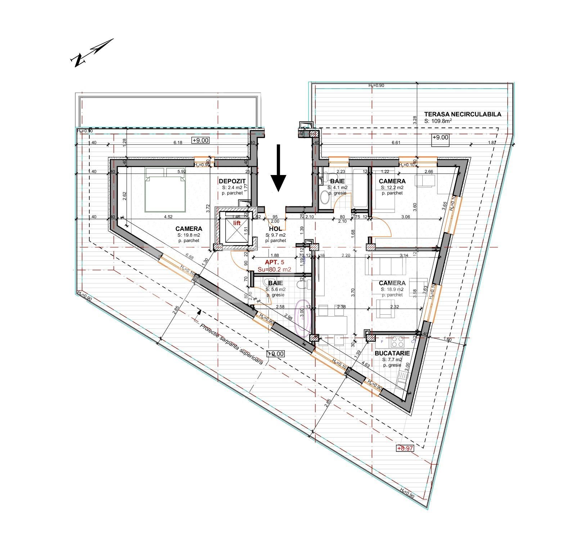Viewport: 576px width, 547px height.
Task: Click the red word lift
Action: coord(237,223)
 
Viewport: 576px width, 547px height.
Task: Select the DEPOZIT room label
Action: coord(232,181)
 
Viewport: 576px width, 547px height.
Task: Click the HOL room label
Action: coord(275,229)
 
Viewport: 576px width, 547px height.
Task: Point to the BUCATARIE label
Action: coord(392,353)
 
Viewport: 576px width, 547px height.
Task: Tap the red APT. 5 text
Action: coord(274,263)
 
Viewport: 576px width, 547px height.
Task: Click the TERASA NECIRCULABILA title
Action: coord(462,114)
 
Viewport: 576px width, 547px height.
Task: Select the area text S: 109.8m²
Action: coord(438,121)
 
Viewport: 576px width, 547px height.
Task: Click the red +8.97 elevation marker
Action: coord(405,448)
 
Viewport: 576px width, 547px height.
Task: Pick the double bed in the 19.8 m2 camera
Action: coord(166,189)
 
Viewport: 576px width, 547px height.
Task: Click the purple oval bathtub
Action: coord(302,318)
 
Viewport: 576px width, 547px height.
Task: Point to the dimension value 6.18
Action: coord(178,143)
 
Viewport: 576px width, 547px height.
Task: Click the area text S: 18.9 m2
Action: coord(392,289)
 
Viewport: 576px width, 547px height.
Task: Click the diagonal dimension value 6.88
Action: coord(189,257)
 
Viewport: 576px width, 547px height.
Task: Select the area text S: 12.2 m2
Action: coord(392,187)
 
